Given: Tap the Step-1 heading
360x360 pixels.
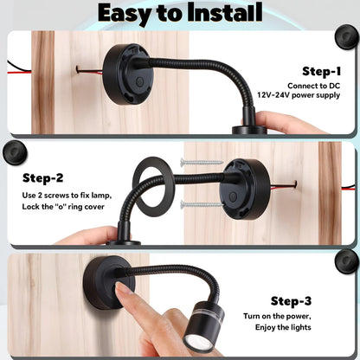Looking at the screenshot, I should (321, 71).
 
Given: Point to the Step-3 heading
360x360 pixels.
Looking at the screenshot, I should (296, 302).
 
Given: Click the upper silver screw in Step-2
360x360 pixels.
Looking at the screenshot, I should (199, 162).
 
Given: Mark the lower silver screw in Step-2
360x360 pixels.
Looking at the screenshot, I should (200, 205).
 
